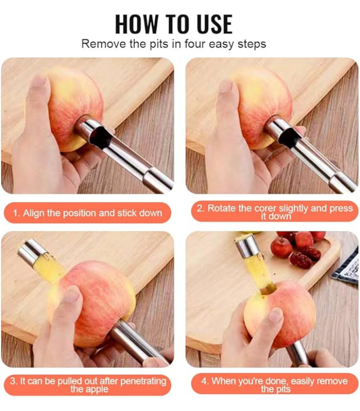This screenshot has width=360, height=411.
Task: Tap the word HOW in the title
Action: [x=137, y=24]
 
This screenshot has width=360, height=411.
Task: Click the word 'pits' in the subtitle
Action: [x=159, y=44]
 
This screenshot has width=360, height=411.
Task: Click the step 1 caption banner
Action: [x=87, y=213]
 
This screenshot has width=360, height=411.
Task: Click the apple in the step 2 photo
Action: [x=262, y=107]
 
